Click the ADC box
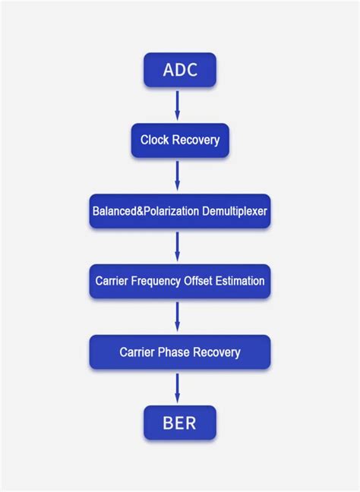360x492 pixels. [180, 70]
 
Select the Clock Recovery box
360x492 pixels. [180, 140]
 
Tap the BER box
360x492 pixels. [180, 423]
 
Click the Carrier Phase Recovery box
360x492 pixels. [180, 352]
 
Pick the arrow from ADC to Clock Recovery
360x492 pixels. [178, 105]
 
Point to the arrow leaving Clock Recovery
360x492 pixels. [178, 175]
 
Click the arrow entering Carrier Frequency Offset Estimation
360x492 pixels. [178, 246]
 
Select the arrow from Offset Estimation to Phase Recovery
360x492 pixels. [178, 317]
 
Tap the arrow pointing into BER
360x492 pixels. [178, 387]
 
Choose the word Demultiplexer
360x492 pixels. [235, 211]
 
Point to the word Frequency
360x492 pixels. [156, 282]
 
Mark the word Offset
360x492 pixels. [199, 282]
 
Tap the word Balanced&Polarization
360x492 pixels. [145, 211]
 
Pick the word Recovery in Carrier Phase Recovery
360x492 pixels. [216, 352]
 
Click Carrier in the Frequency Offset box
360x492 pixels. [112, 282]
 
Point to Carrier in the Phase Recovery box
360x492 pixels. [137, 352]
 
